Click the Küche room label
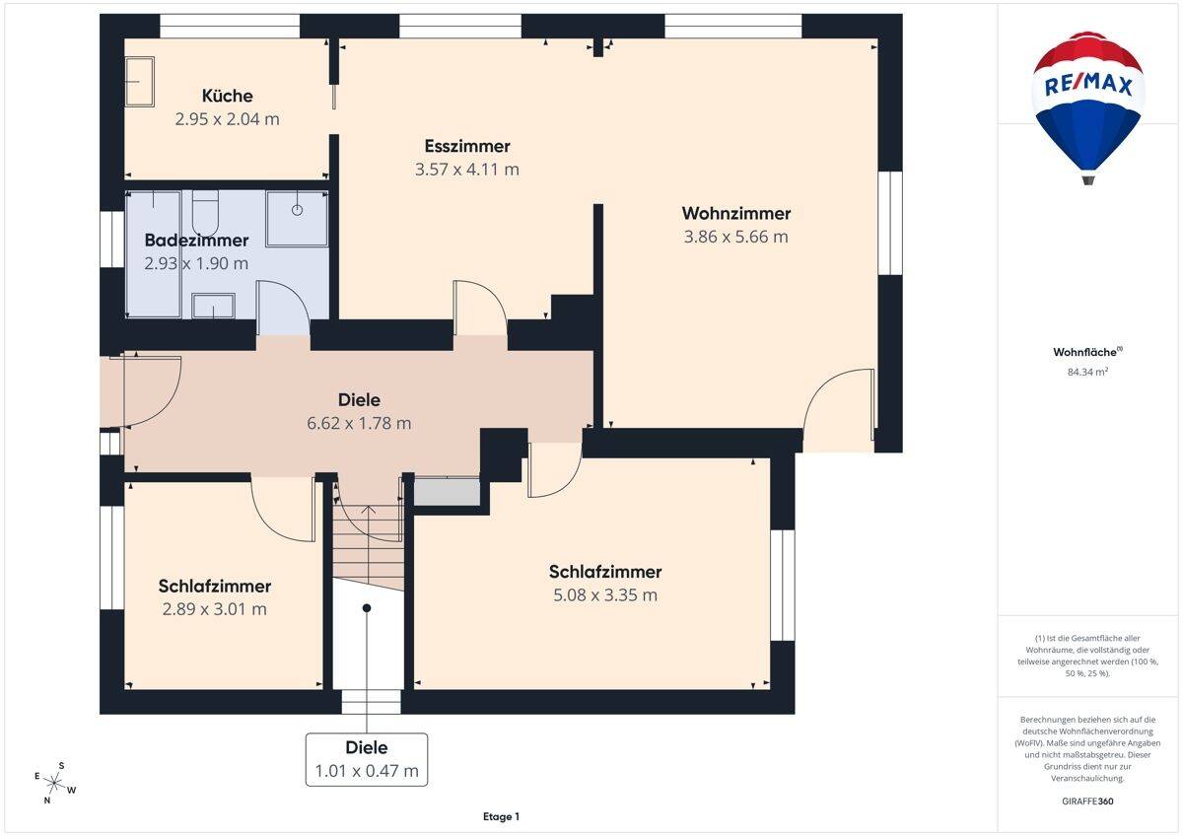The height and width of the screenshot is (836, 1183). pos(227,96)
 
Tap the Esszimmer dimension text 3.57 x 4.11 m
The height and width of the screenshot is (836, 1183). pos(467,170)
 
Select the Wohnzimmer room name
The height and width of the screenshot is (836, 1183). pos(736,213)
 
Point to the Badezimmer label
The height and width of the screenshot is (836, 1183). pos(196,241)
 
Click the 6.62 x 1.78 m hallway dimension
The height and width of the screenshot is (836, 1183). pos(359,423)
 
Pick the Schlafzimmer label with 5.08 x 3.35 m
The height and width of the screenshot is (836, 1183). pos(605,572)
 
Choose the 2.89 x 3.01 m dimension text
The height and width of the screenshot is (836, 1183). pos(215,609)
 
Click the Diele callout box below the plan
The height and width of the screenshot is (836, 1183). pos(367,759)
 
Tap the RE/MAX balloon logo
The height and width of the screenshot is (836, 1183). pos(1088,107)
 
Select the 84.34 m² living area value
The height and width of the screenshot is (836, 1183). pos(1087,372)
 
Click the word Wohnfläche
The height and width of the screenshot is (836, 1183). pos(1084,352)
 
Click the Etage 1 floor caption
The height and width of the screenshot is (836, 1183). pos(501,816)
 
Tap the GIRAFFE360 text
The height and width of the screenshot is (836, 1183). pos(1087,801)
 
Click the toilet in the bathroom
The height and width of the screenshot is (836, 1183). pos(205,213)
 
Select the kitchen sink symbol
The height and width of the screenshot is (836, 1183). pos(140,82)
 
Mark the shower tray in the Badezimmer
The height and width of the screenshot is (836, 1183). pos(297,218)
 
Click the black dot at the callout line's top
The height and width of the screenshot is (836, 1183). pos(367,608)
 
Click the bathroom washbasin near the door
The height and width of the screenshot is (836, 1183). pos(213,307)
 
